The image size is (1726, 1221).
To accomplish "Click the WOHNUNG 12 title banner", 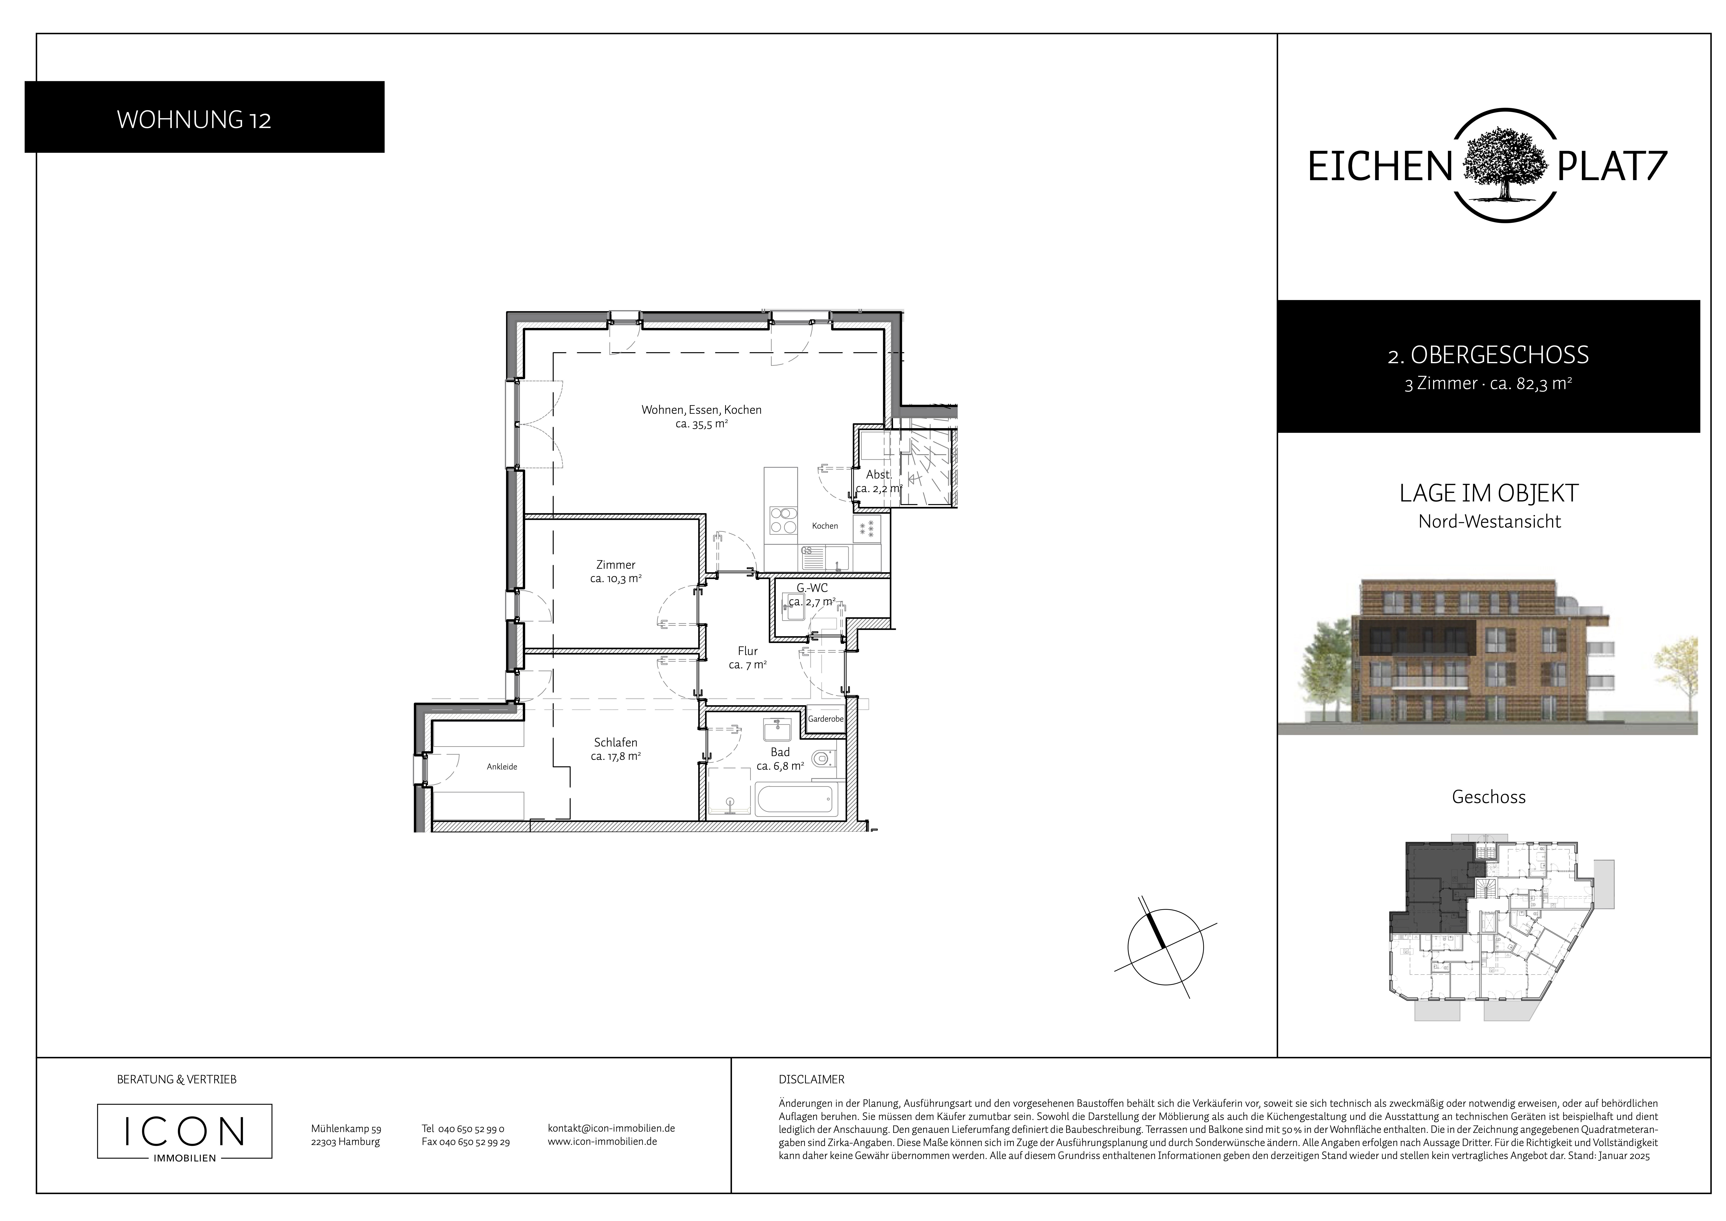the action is click(204, 117).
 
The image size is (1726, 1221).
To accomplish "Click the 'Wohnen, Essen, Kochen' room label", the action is click(701, 410).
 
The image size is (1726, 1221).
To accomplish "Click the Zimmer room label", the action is click(616, 565).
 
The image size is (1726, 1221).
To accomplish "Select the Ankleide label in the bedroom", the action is click(502, 767).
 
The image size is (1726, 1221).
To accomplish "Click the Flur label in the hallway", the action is click(747, 651).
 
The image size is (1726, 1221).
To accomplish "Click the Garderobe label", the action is click(825, 719).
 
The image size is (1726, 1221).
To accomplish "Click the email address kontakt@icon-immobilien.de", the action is click(611, 1128).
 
